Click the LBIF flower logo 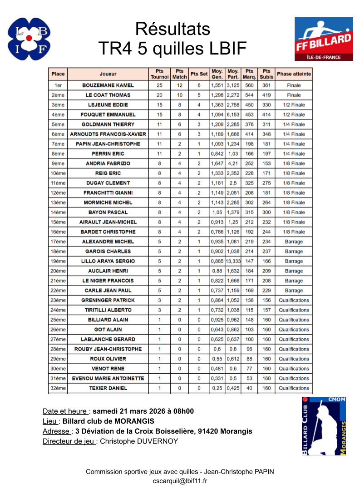click(29, 39)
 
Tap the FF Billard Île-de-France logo click(323, 39)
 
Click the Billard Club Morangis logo click(324, 426)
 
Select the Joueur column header click(108, 74)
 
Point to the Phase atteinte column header click(294, 74)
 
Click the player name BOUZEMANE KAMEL click(108, 85)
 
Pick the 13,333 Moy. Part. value click(233, 262)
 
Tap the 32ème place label click(58, 388)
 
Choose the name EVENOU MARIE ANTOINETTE click(108, 379)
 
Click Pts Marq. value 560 click(249, 85)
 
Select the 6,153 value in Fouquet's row click(233, 115)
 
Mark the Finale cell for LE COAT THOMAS click(294, 95)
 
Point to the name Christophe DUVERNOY click(139, 441)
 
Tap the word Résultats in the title click(173, 29)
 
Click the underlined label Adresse click(56, 431)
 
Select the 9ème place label click(58, 163)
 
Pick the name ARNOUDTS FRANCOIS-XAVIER click(108, 134)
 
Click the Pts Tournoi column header click(159, 74)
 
